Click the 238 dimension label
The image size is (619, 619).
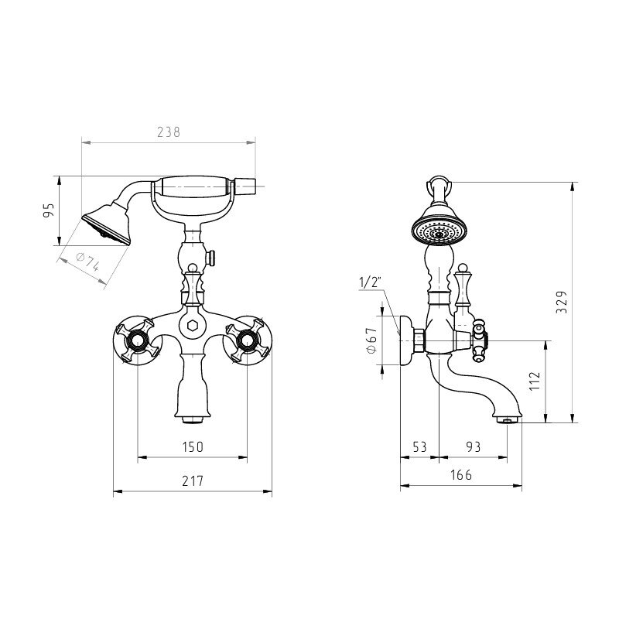coord(169,132)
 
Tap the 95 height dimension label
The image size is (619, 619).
coord(48,210)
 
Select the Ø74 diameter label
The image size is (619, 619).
coord(87,262)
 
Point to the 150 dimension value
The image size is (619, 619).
coord(193,447)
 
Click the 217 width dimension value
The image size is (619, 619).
coord(193,480)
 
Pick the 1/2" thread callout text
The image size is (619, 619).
coord(369,282)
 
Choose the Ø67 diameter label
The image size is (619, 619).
coord(372,340)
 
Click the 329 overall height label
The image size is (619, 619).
coord(562,302)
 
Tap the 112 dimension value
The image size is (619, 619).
coord(535,381)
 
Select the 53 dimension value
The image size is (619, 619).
coord(419,447)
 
